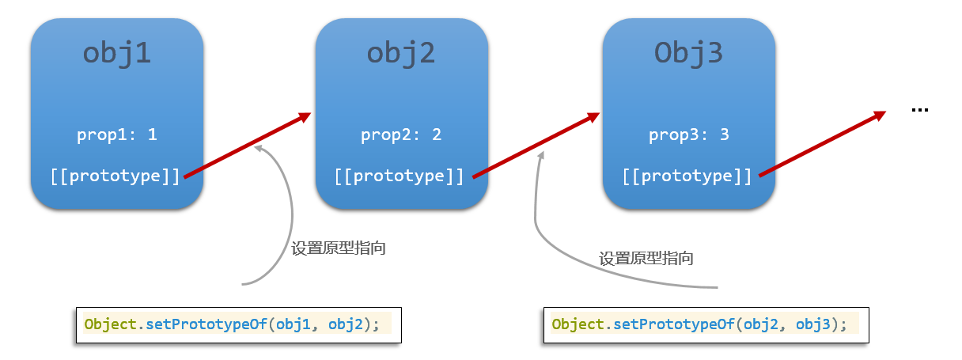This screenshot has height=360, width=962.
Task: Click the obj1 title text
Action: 117,54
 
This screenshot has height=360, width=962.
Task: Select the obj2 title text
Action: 401,54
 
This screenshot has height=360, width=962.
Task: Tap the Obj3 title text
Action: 688,54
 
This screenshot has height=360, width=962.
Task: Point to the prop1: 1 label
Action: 117,135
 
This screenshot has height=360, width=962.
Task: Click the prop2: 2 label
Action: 401,135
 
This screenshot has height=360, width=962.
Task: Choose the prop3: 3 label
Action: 688,135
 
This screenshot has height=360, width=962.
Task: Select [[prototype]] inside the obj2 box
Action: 400,176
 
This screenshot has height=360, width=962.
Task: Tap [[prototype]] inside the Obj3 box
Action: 687,176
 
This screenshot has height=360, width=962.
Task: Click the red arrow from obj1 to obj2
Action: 248,145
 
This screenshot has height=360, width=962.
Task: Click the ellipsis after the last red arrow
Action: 919,110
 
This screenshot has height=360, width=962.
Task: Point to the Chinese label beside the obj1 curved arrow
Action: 339,248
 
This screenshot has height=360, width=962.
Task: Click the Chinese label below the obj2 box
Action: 646,258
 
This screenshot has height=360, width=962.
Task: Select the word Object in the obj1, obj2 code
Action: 110,324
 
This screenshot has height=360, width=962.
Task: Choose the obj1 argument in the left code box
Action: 294,324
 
